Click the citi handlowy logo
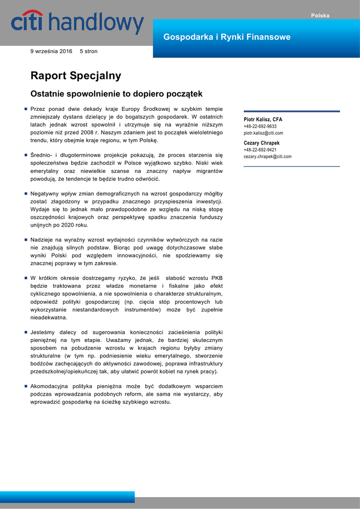(77, 23)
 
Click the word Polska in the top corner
(320, 15)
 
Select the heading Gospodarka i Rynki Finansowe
(227, 37)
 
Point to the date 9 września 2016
(51, 51)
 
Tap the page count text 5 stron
(89, 51)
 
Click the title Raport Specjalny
(76, 76)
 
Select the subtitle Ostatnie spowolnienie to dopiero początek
(116, 93)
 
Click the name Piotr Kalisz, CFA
(263, 120)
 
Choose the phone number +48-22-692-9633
(260, 127)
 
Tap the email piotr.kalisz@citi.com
(263, 133)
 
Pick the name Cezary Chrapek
(262, 143)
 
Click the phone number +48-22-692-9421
(260, 150)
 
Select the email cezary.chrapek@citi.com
(268, 157)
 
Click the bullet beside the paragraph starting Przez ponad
(25, 109)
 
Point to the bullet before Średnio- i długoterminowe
(25, 155)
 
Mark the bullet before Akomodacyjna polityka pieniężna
(25, 386)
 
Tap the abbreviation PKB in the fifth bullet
(217, 278)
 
